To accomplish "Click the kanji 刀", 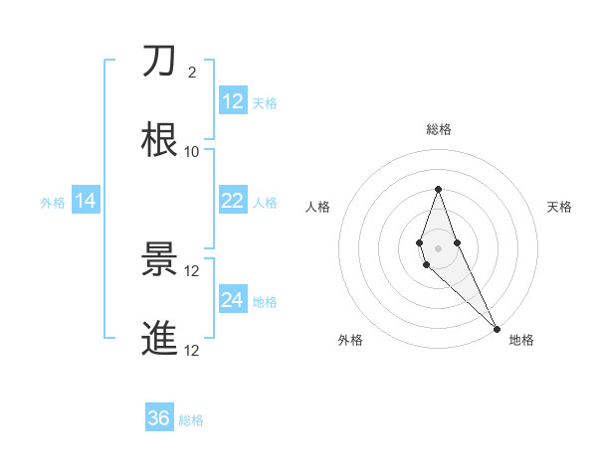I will point(159,62).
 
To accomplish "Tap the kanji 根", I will point(159,140).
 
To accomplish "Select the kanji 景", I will point(159,260).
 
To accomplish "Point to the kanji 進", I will point(159,339).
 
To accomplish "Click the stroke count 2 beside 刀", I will point(192,73).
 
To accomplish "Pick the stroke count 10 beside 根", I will point(192,151).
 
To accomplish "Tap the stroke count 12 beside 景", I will point(192,270).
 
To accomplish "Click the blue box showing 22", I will point(233,201).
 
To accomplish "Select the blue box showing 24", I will point(233,300).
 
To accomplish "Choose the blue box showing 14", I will point(86,202).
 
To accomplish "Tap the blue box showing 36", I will point(159,418).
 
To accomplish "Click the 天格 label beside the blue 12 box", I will point(265,103).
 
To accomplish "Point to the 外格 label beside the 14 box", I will point(53,203).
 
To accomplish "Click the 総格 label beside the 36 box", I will point(191,420).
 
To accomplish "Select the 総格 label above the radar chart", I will point(439,129).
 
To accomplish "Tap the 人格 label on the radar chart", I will point(318,207).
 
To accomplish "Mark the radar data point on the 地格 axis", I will point(497,329).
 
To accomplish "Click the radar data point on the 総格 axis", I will point(438,189).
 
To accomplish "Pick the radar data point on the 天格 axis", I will point(457,242).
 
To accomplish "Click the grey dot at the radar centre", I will point(438,247).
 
